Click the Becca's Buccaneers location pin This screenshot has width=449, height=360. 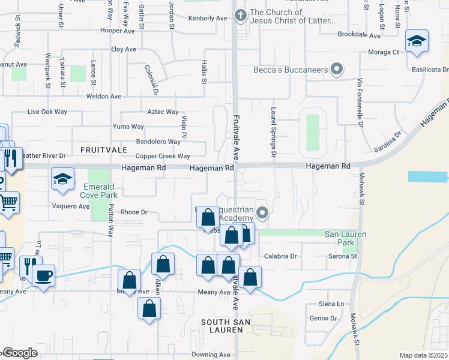[337, 70]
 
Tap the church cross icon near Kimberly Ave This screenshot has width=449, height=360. [240, 14]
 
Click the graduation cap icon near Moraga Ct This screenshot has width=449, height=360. [417, 41]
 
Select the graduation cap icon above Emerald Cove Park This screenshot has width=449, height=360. [62, 179]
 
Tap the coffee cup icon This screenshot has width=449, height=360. [44, 276]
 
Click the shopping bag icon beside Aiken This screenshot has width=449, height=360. [163, 264]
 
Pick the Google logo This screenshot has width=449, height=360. [20, 353]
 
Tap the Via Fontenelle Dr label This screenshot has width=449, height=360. [360, 103]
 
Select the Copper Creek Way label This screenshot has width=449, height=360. [163, 156]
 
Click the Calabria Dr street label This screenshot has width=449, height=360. [281, 256]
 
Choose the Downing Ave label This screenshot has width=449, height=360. [211, 355]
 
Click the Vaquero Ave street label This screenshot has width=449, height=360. [71, 206]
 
